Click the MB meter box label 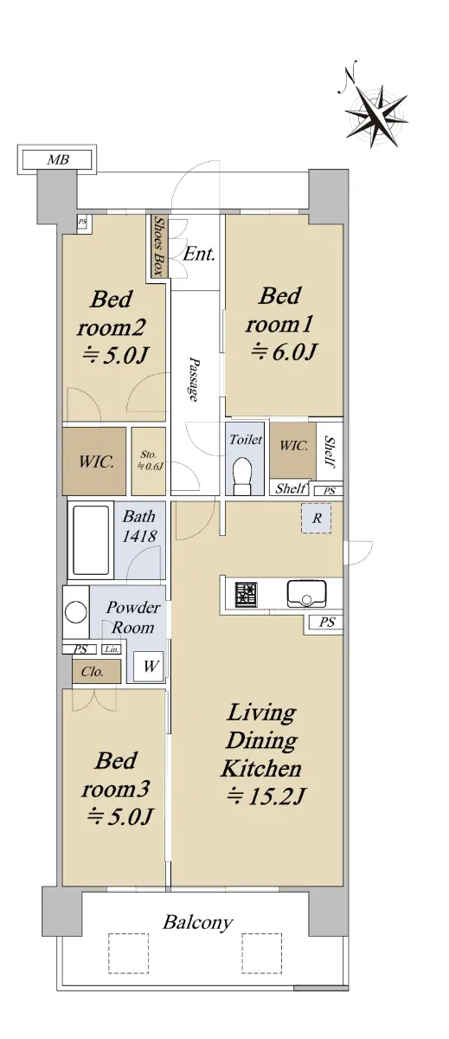58,160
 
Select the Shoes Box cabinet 158,246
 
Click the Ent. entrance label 199,255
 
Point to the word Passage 194,379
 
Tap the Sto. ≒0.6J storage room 148,461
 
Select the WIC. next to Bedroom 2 94,461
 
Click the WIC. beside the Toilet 293,450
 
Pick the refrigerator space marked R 317,518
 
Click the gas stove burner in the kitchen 246,594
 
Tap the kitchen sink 306,593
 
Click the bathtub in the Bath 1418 92,540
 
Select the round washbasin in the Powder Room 75,612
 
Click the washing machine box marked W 149,666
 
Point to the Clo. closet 96,671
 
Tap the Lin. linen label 112,649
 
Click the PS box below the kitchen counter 326,622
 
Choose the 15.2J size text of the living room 265,797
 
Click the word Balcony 197,921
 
